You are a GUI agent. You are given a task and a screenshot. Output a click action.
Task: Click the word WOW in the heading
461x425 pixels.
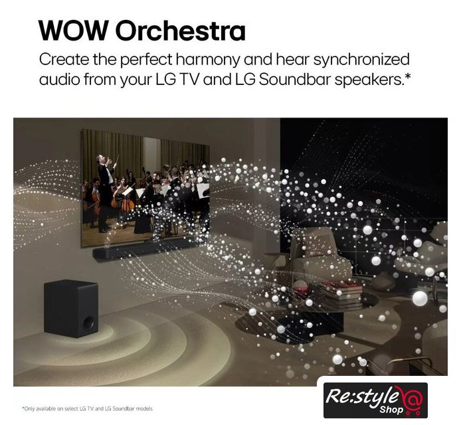tap(74, 31)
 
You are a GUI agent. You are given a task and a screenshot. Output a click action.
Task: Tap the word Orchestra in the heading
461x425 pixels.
tap(180, 31)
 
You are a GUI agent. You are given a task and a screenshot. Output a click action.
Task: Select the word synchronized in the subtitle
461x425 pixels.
tap(361, 60)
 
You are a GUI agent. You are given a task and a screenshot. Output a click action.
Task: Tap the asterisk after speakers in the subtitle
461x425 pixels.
tap(407, 76)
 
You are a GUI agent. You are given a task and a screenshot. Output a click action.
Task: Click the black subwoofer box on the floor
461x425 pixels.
tap(71, 308)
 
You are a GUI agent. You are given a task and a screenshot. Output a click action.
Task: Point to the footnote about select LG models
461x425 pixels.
tap(87, 408)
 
